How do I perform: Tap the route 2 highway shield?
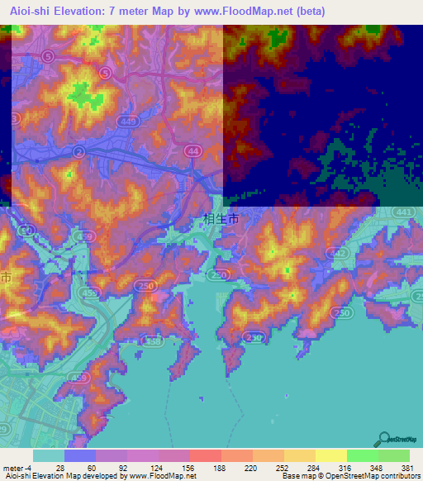(78, 152)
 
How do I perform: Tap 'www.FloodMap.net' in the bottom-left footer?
(161, 476)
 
